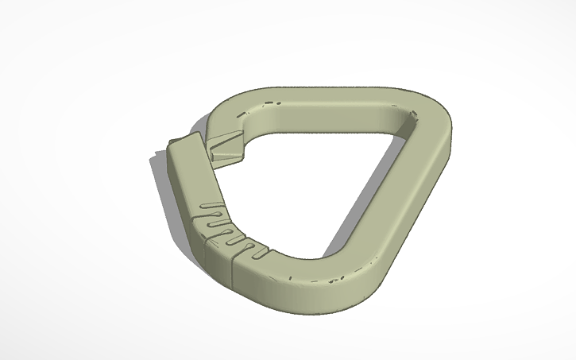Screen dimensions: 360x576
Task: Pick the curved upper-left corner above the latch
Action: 238,111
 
